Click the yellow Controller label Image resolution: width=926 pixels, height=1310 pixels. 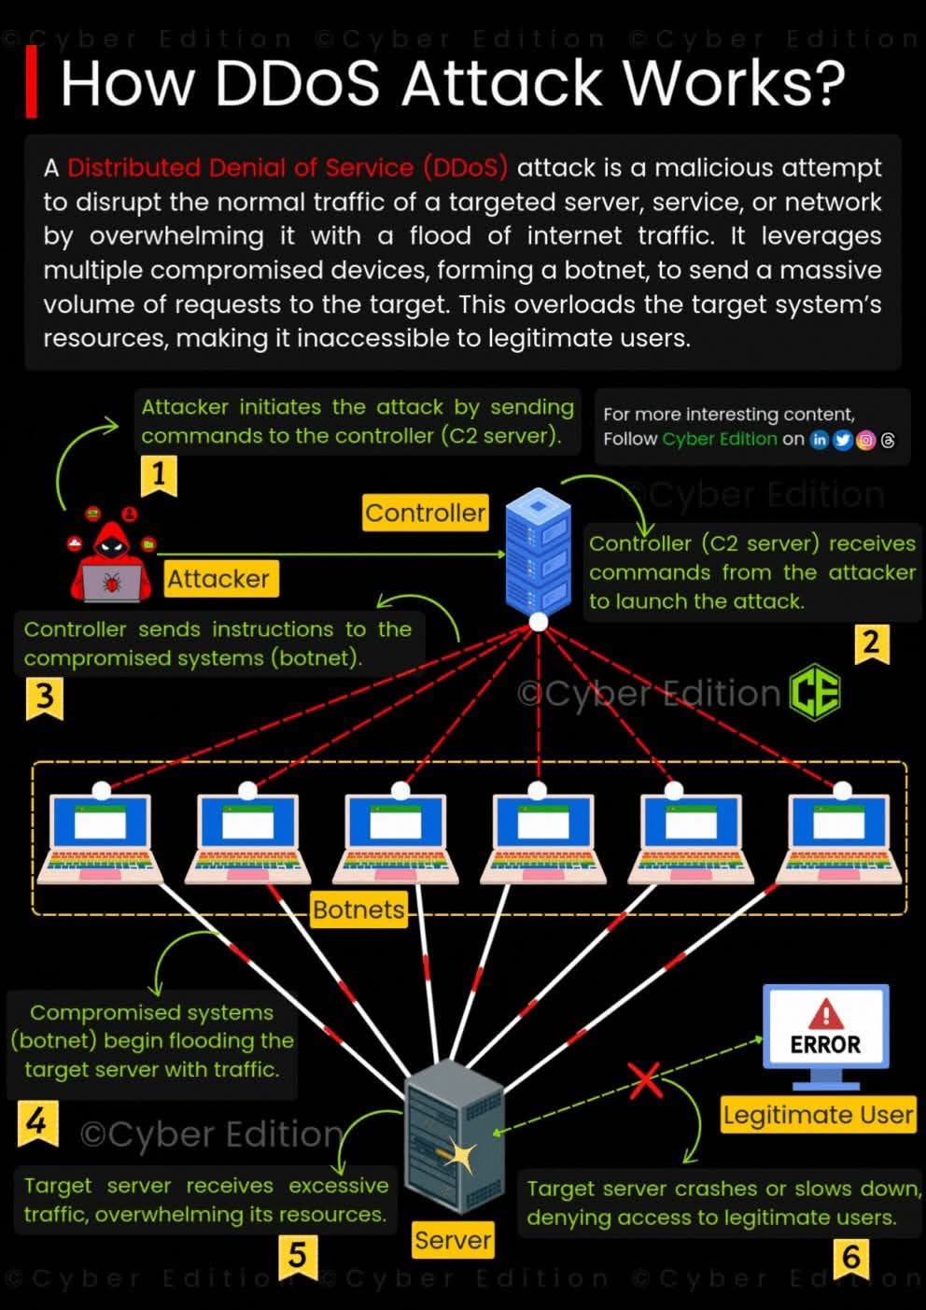click(425, 513)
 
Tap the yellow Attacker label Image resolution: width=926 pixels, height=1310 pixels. click(218, 579)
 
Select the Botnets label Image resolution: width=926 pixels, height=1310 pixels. click(358, 909)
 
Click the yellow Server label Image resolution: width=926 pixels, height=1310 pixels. click(453, 1240)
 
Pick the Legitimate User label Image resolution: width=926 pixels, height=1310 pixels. click(818, 1115)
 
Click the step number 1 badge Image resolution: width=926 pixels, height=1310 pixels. click(159, 475)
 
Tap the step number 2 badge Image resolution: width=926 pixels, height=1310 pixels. click(871, 643)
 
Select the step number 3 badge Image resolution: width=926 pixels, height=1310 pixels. click(44, 697)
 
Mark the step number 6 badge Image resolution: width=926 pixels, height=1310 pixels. click(851, 1258)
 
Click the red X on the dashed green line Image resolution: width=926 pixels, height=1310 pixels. click(646, 1080)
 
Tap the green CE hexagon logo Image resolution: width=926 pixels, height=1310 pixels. click(815, 693)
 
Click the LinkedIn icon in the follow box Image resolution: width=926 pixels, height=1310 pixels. click(820, 440)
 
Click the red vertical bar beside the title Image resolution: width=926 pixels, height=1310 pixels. click(32, 82)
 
